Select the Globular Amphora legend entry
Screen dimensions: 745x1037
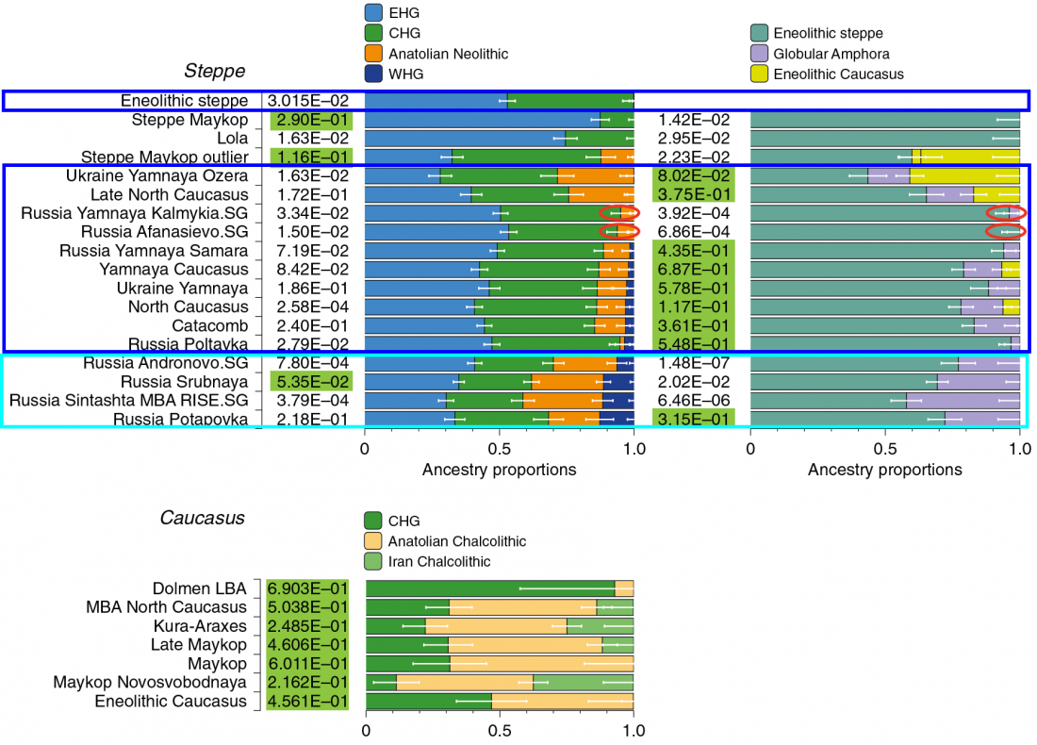[831, 54]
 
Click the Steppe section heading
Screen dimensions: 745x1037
[214, 71]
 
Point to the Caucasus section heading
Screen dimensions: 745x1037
[202, 518]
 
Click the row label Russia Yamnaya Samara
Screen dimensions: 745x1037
[154, 251]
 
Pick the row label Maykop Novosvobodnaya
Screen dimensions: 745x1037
[150, 682]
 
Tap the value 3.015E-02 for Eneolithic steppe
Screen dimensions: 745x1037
[307, 101]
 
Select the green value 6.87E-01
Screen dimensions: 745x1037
[693, 270]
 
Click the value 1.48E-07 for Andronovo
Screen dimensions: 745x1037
[693, 363]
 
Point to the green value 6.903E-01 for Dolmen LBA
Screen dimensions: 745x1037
[307, 588]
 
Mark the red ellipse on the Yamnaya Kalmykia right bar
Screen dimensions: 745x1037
[1005, 212]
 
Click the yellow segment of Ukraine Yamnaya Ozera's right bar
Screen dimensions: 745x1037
[964, 175]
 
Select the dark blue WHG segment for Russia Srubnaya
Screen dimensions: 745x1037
[618, 382]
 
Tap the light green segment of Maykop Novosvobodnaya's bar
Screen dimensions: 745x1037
[611, 682]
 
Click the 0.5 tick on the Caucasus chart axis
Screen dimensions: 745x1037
[499, 729]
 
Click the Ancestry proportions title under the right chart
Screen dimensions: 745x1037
[884, 470]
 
